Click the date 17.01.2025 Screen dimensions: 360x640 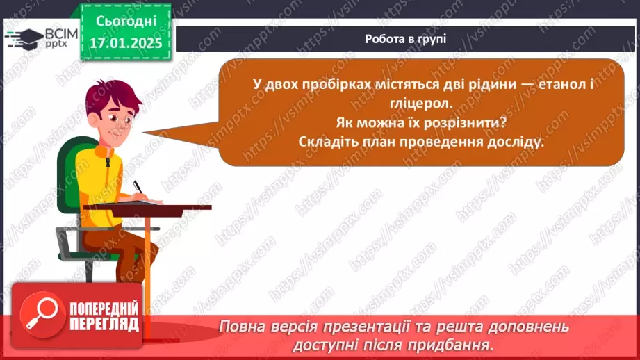click(x=125, y=43)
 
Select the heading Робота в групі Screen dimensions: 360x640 click(x=405, y=39)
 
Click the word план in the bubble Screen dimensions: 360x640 click(x=375, y=140)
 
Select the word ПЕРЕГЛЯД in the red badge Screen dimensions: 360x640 click(x=104, y=324)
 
